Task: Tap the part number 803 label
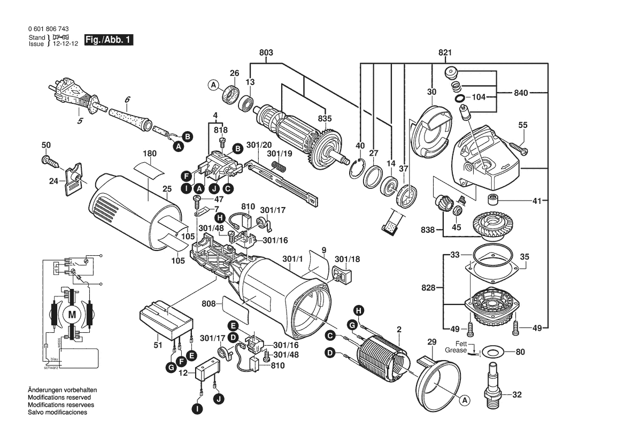(266, 52)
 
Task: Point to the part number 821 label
(445, 52)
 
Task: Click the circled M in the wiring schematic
(72, 315)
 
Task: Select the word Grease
(456, 350)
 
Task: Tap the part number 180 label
(150, 154)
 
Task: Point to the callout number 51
(157, 346)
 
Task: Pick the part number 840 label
(521, 93)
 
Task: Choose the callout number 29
(432, 342)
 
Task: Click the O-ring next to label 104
(459, 99)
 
